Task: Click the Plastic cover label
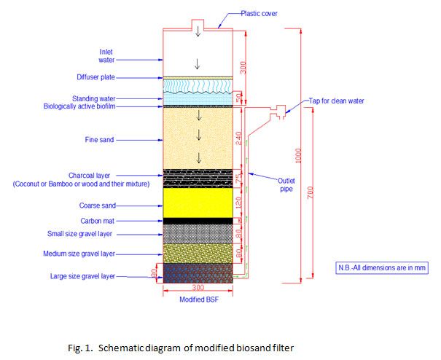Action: [259, 14]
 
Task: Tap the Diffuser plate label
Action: [96, 77]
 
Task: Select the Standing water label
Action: [93, 98]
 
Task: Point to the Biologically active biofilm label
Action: [79, 106]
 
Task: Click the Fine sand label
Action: [99, 140]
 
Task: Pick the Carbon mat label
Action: [98, 221]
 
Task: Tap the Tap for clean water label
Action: [336, 101]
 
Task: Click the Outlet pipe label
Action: [286, 185]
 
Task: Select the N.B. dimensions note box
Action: [382, 267]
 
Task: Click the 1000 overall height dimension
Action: [298, 155]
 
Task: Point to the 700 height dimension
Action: [311, 192]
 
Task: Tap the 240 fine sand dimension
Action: [239, 138]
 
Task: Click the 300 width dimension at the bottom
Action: [198, 287]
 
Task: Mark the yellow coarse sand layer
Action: [198, 203]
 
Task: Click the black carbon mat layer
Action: [198, 221]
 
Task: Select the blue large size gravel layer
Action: [198, 273]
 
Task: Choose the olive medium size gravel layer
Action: [198, 254]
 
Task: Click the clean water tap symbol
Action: [279, 112]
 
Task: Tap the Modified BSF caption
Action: [199, 300]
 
